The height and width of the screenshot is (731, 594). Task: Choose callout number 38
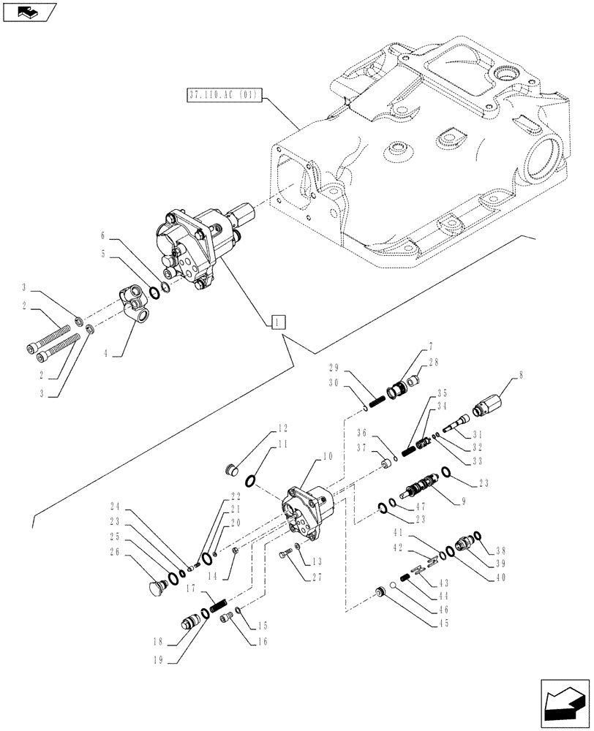point(500,552)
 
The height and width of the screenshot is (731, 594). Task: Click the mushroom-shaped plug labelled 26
point(154,586)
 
